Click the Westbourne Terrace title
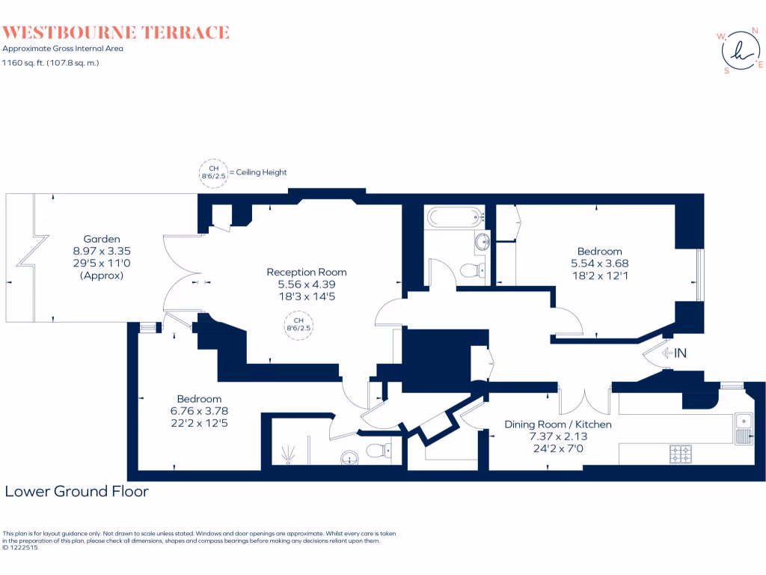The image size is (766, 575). click(115, 32)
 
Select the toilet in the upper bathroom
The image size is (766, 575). click(471, 270)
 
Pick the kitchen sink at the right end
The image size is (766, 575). click(744, 428)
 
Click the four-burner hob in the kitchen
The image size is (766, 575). click(681, 453)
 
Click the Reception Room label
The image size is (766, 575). click(307, 272)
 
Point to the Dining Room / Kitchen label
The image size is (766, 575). click(557, 424)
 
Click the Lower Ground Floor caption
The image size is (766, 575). click(76, 492)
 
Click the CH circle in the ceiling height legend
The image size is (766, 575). click(213, 173)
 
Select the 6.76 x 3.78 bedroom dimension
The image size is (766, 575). click(199, 410)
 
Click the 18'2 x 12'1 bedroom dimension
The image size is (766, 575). click(599, 276)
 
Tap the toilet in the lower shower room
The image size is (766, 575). click(379, 450)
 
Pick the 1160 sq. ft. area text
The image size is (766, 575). click(50, 63)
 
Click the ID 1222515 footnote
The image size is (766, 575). click(21, 547)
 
